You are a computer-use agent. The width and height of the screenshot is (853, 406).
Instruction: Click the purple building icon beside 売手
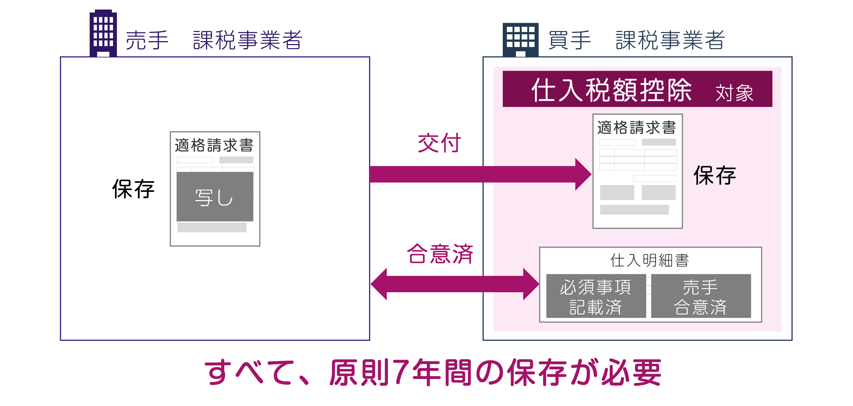[x=103, y=33]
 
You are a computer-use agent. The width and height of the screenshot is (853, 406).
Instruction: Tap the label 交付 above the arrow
[x=439, y=143]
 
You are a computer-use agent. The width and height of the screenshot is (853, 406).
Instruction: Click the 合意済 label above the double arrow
[x=440, y=254]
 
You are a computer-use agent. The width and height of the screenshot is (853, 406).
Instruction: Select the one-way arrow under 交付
[x=480, y=174]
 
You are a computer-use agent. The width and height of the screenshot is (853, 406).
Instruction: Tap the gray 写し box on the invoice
[x=214, y=197]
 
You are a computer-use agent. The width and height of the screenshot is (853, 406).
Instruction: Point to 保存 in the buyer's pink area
[x=715, y=176]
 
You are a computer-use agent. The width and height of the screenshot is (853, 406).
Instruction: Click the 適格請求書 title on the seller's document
[x=214, y=145]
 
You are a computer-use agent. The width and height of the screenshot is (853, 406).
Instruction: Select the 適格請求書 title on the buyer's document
[x=636, y=127]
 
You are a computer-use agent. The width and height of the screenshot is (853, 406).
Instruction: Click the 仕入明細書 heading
[x=650, y=260]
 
